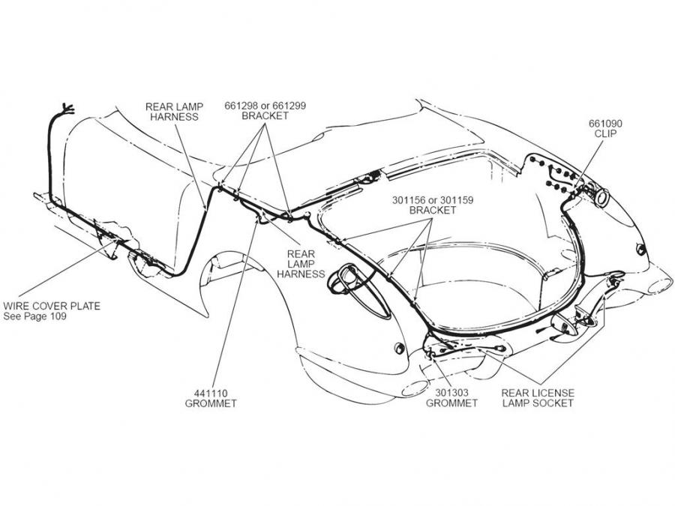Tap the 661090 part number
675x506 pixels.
606,124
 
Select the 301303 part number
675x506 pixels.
451,391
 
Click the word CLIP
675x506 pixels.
606,135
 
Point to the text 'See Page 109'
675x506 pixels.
35,317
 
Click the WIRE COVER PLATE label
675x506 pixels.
52,306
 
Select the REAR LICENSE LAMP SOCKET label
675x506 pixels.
538,397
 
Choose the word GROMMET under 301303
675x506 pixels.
451,403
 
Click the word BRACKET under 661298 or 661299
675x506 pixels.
265,117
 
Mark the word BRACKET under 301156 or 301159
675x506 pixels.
433,211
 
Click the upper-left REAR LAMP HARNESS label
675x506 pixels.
173,111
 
